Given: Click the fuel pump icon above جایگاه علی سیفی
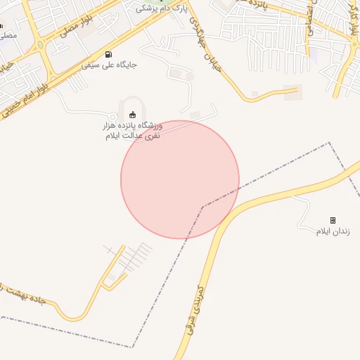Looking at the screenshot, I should click(x=108, y=54).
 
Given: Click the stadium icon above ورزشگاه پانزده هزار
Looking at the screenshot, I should click(x=132, y=115).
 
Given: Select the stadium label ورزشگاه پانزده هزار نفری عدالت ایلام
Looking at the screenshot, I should click(x=132, y=130).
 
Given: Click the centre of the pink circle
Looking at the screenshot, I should click(x=180, y=179).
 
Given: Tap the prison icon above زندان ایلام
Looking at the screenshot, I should click(x=333, y=220).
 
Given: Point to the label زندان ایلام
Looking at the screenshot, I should click(x=333, y=231).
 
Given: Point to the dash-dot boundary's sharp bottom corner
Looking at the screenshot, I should click(x=132, y=347).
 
